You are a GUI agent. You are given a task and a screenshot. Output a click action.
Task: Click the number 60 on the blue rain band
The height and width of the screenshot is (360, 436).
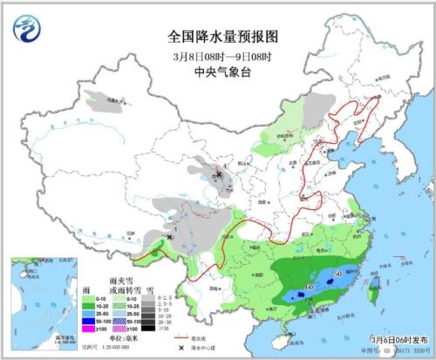pos(309,288)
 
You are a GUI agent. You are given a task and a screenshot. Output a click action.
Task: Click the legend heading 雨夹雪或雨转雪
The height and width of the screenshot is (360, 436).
pos(122,284)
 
